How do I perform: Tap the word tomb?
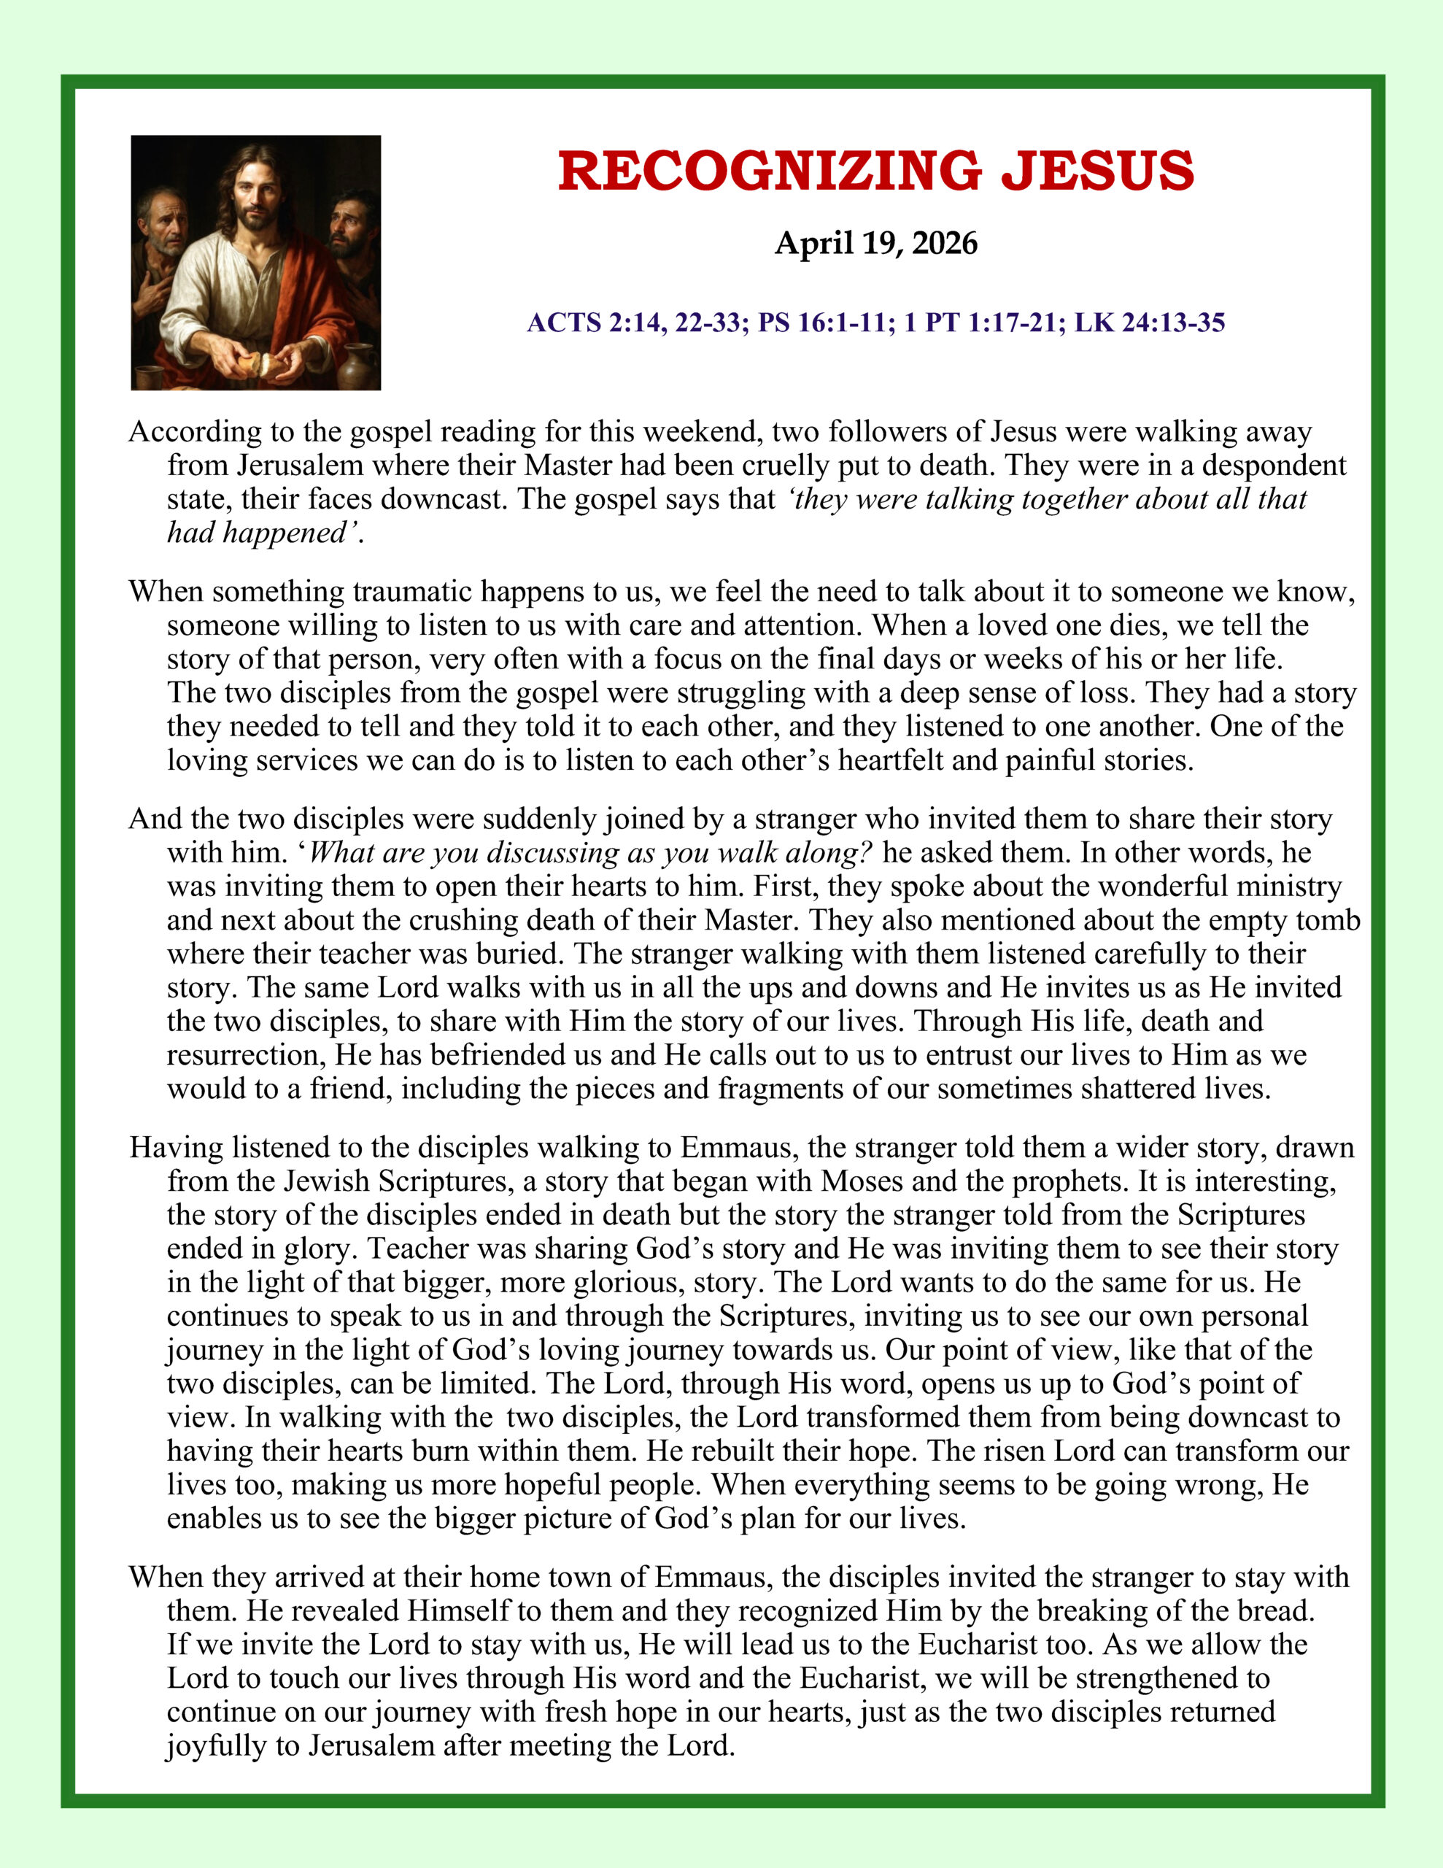tap(1328, 919)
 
